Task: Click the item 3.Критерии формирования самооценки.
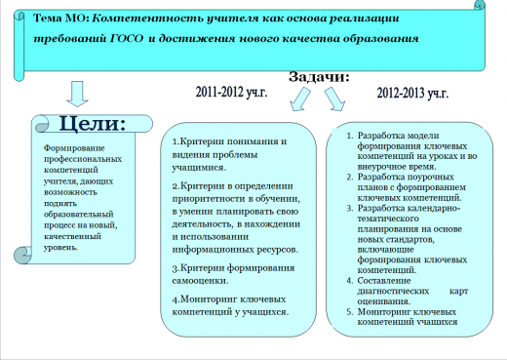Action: [228, 273]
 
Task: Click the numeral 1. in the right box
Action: [349, 135]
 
